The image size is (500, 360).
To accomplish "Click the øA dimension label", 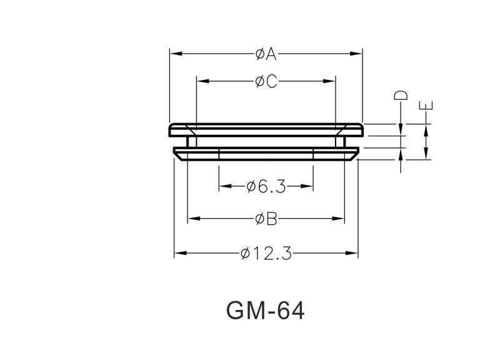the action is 266,54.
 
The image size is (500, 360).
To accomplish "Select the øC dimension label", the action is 266,82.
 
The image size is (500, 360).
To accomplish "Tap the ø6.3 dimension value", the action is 266,186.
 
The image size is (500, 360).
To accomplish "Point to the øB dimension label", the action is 266,219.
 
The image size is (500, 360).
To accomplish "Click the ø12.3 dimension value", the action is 266,254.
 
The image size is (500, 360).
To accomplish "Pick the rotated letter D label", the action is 401,96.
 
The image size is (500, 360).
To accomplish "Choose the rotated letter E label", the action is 426,106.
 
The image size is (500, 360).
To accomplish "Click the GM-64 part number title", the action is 265,311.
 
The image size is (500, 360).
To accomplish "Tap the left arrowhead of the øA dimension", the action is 176,54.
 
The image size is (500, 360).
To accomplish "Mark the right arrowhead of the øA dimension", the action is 356,54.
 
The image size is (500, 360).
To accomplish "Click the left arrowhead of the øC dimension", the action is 203,81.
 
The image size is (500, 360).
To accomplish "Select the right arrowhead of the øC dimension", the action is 329,81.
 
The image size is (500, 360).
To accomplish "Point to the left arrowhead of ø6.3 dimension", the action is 226,186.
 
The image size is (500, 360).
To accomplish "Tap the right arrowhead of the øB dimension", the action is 338,218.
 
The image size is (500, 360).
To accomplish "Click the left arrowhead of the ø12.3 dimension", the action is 181,253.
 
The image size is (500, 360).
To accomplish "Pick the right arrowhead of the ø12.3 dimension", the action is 351,253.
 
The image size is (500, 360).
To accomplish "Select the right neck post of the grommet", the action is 340,142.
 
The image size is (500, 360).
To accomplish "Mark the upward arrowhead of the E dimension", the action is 426,130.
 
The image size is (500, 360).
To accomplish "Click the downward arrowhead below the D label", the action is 401,130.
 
